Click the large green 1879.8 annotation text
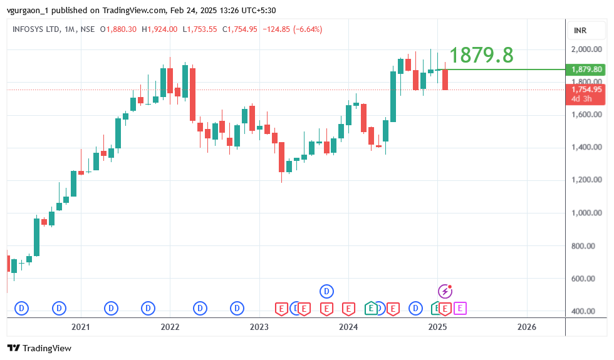pos(481,56)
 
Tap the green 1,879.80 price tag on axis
pos(586,69)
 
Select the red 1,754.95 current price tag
pos(586,90)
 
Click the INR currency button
pos(580,31)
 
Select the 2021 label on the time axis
pos(80,327)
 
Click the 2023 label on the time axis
pos(259,327)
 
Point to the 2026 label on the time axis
pos(526,327)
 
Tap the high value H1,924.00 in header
pos(160,29)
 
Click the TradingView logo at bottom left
pos(39,348)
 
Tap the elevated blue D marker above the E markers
pos(326,291)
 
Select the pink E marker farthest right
pos(460,308)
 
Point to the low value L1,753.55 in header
pos(200,29)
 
